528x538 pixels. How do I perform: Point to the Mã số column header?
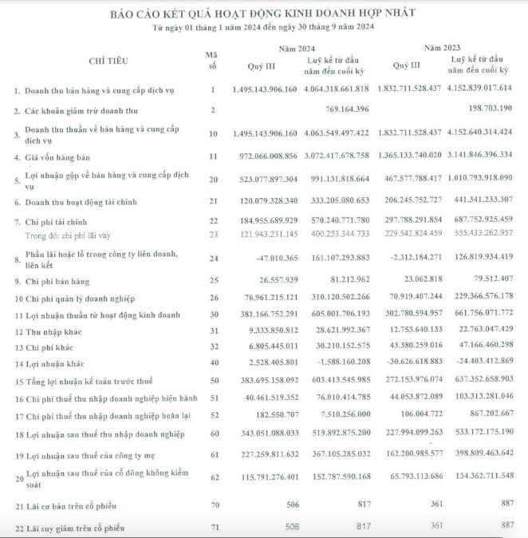point(211,60)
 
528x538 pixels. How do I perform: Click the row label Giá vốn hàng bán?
point(61,157)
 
